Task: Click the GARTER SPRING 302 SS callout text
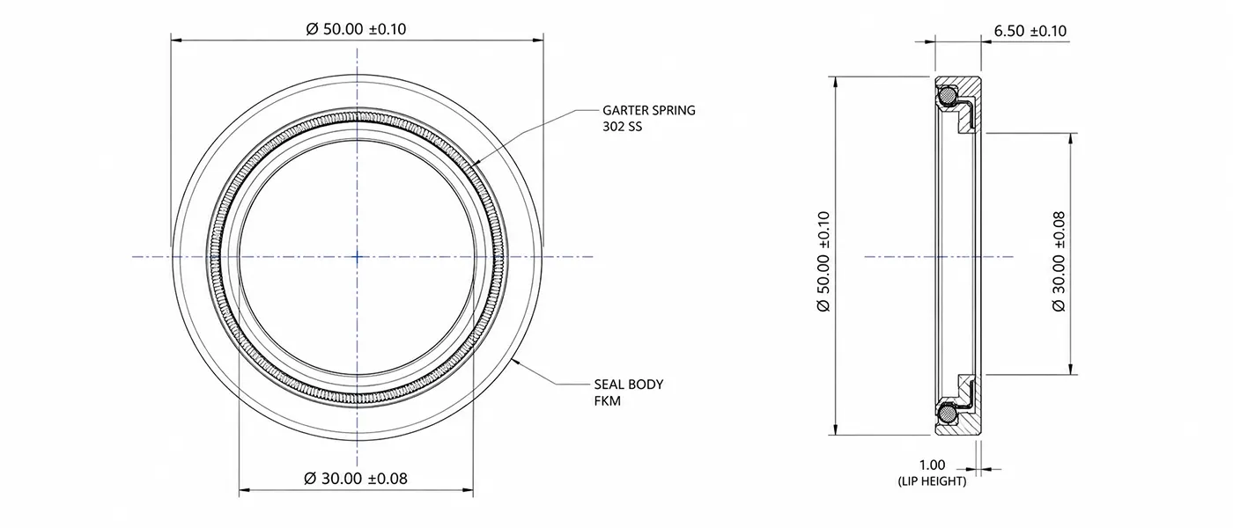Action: tap(648, 118)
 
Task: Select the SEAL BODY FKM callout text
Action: tap(629, 392)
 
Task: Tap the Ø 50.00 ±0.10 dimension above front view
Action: tap(356, 28)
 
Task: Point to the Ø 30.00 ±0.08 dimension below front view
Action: tap(356, 478)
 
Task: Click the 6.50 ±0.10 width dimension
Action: tap(1030, 31)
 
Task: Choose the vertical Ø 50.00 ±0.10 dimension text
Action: tap(823, 261)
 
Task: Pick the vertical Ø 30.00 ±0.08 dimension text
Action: tap(1059, 261)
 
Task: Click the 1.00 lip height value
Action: tap(932, 465)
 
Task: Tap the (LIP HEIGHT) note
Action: tap(932, 481)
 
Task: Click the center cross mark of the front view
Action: tap(358, 257)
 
